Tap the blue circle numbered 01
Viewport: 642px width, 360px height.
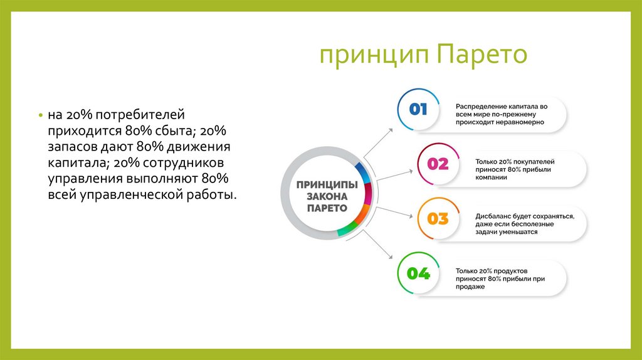[418, 110]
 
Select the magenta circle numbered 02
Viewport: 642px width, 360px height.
[438, 164]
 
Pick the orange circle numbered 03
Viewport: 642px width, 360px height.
[438, 219]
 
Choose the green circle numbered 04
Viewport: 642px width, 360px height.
[418, 273]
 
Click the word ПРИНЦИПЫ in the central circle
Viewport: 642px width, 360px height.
[327, 185]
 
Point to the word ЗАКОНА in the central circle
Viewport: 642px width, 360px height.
[327, 196]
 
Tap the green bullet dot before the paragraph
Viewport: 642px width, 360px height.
[40, 117]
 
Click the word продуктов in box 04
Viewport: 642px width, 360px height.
[515, 270]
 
